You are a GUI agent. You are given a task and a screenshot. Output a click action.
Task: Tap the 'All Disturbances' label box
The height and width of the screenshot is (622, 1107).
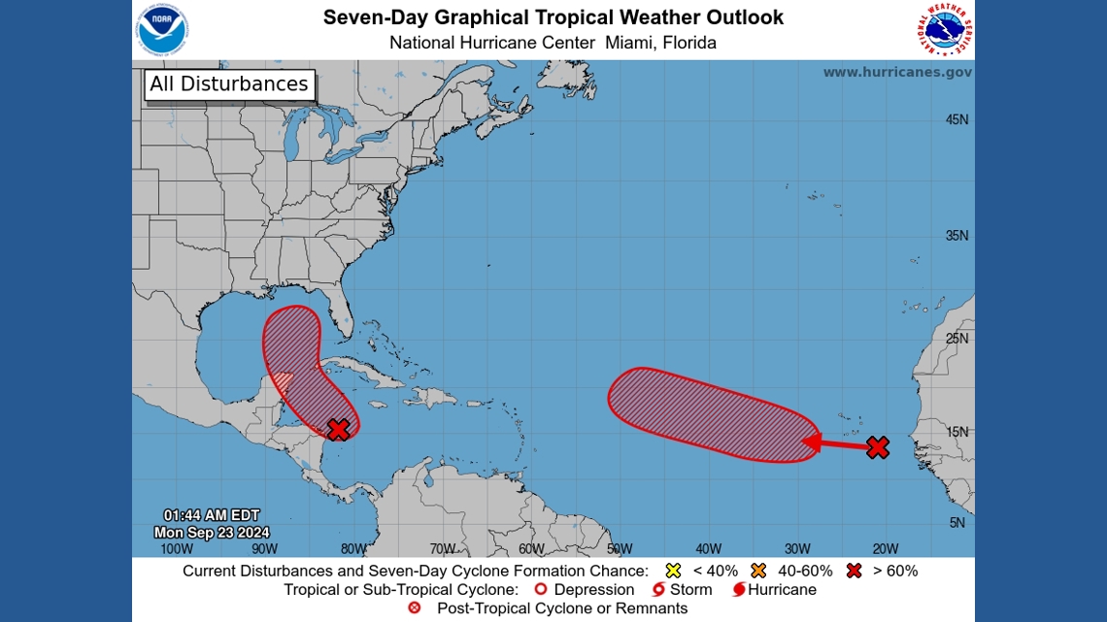[x=229, y=84]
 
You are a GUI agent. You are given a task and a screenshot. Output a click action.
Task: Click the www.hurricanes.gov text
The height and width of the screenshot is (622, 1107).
[x=897, y=72]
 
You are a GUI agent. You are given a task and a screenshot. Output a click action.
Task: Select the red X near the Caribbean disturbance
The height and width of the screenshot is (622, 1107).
[x=338, y=429]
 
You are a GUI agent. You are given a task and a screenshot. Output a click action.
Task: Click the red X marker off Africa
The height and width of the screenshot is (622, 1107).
[x=877, y=447]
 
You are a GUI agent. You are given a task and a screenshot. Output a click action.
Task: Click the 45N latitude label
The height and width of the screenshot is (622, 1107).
[x=956, y=120]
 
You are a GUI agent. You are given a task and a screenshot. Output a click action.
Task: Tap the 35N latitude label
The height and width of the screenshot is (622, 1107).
[x=956, y=236]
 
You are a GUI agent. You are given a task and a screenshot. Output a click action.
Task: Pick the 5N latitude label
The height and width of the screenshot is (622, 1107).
[x=956, y=523]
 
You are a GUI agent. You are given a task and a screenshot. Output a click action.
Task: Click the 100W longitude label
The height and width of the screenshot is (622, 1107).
[x=176, y=548]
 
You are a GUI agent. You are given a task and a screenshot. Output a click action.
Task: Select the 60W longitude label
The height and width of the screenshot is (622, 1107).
[x=531, y=548]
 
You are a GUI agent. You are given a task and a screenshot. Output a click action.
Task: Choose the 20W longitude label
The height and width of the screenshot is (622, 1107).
[x=886, y=548]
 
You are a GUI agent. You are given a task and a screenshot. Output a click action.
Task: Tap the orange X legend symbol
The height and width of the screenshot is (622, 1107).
[x=759, y=571]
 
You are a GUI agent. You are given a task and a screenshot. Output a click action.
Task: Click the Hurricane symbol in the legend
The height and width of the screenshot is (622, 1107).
[x=738, y=589]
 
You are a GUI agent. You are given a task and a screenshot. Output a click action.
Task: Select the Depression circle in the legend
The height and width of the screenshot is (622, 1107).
[x=542, y=589]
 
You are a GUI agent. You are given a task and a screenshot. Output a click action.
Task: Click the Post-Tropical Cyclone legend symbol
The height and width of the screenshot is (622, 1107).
[x=415, y=608]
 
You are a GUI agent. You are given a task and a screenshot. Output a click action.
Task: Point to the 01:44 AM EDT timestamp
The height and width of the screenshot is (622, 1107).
[x=212, y=515]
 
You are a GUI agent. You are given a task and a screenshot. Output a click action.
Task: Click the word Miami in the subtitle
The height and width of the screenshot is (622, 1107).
[x=625, y=43]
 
